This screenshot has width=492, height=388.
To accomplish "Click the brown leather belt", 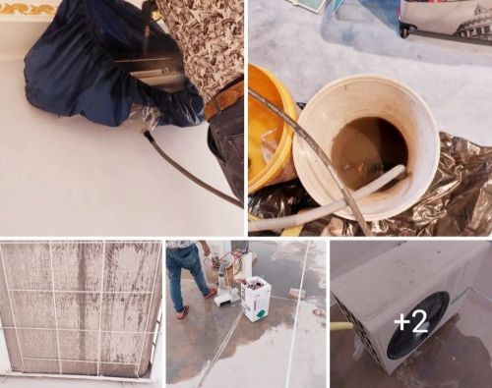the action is (223, 98).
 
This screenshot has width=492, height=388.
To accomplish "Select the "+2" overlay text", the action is (411, 321).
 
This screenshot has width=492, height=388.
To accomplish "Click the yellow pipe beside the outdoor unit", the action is (343, 325).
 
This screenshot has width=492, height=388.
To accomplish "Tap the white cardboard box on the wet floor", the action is (256, 299).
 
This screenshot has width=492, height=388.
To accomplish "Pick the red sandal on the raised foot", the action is (211, 294).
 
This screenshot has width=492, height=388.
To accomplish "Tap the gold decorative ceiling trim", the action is (28, 8).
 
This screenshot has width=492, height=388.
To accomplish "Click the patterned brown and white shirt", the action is (205, 42).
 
